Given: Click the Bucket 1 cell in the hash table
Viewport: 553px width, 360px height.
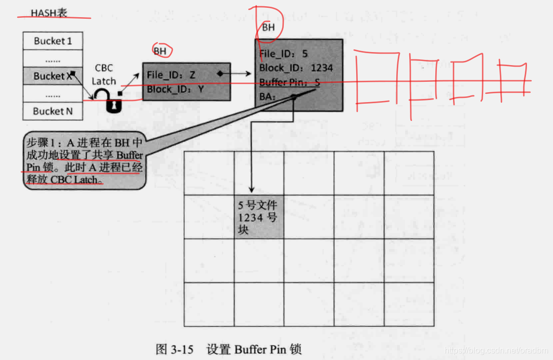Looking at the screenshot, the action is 53,41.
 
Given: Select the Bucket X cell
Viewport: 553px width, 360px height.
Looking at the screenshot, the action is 53,76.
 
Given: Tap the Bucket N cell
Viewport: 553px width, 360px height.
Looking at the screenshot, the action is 53,111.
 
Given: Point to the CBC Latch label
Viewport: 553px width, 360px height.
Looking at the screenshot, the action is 104,75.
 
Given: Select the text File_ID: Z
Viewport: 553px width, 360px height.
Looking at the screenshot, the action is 171,75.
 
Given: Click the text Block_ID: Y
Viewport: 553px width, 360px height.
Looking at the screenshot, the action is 175,89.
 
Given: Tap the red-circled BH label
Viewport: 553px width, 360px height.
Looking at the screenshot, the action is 161,51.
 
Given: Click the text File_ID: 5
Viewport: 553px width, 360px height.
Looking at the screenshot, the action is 284,54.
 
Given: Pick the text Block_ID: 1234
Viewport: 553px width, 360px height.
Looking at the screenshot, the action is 296,68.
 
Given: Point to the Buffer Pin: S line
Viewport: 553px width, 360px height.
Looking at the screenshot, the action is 290,82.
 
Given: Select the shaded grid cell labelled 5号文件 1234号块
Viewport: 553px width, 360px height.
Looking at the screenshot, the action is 259,217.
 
